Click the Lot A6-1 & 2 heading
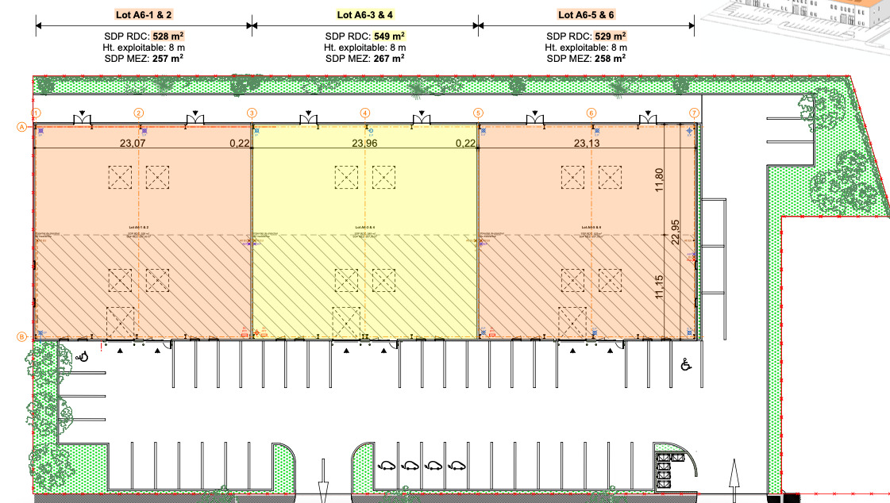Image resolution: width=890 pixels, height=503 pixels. [x=144, y=14]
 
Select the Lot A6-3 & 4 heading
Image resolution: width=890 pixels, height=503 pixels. [x=364, y=14]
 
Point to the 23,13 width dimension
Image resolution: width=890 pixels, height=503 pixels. [x=588, y=144]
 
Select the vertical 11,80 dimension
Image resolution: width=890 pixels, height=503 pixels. [x=657, y=179]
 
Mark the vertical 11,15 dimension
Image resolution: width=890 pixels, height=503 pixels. [x=657, y=286]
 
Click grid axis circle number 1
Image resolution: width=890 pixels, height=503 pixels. [x=36, y=113]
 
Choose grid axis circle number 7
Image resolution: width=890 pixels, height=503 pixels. [x=694, y=113]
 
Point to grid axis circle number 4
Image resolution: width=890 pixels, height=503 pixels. [x=365, y=113]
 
